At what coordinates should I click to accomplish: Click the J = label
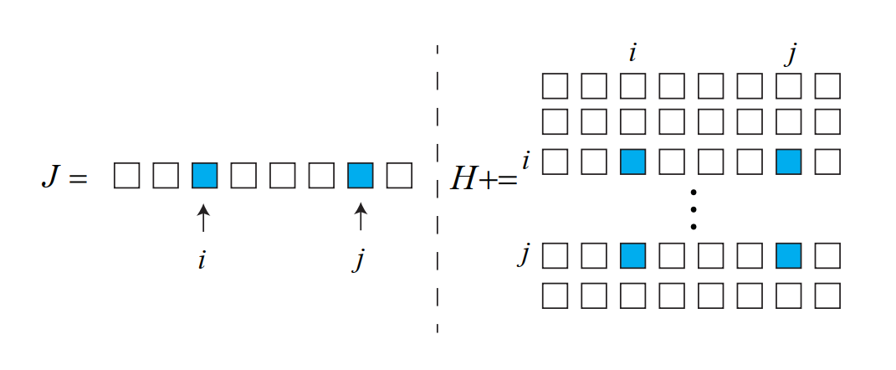tap(64, 178)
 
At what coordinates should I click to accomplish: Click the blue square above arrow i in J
tap(204, 176)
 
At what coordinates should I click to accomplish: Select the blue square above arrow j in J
tap(360, 176)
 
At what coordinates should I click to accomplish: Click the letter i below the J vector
tap(202, 260)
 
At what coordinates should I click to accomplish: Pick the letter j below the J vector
tap(359, 260)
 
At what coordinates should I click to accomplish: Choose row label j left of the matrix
tap(524, 254)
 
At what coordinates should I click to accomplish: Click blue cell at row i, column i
tap(632, 162)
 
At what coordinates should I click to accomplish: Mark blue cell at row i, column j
tap(788, 162)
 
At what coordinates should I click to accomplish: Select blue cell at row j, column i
tap(632, 255)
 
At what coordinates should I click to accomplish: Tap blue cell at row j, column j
tap(788, 255)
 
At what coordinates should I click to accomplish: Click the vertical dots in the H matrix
tap(693, 209)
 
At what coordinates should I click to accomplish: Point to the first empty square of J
tap(126, 176)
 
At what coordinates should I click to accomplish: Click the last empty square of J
tap(399, 176)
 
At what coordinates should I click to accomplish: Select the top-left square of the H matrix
tap(555, 86)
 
